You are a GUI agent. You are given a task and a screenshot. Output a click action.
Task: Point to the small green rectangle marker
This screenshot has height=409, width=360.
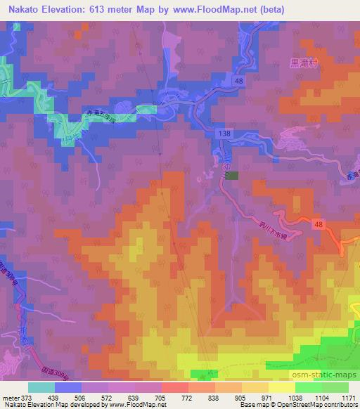click(233, 176)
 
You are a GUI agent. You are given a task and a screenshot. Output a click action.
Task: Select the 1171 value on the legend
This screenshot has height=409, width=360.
click(349, 397)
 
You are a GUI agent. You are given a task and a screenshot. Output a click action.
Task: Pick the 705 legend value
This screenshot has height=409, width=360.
click(162, 397)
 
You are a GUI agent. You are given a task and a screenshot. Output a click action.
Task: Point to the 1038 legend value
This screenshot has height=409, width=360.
click(295, 397)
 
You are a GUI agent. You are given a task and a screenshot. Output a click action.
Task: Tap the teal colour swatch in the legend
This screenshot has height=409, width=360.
click(41, 387)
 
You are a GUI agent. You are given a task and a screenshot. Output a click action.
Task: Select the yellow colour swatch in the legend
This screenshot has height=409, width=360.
click(281, 387)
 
